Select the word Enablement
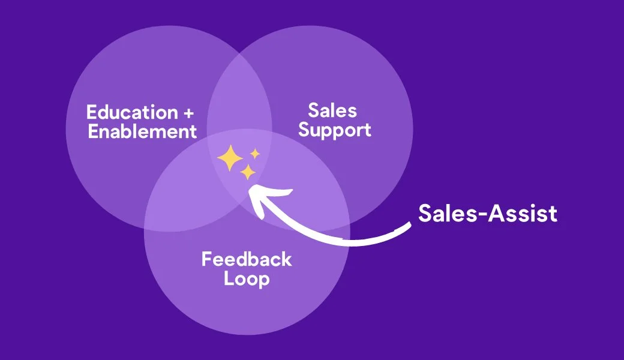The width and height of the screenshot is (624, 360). coord(142,131)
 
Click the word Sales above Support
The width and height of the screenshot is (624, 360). coord(332,110)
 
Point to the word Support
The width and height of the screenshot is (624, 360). coord(334,130)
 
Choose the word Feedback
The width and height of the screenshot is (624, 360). coord(247,259)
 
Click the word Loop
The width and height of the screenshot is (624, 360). coord(247,278)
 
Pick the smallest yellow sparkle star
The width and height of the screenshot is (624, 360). coord(255,154)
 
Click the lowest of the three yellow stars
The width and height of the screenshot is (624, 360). coord(247,173)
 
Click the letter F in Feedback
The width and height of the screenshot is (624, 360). coord(206,259)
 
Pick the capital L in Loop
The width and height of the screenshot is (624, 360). coord(229,278)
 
